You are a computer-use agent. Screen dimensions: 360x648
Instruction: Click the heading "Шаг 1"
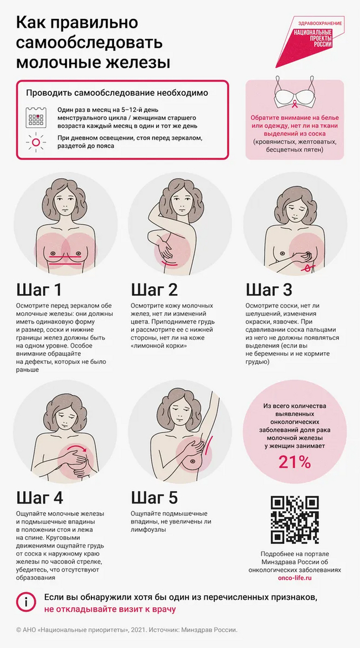(39, 290)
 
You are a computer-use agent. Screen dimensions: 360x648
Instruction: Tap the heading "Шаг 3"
(269, 290)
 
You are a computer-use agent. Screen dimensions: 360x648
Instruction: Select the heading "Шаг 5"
(155, 497)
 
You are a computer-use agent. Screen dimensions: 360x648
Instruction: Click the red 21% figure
(294, 462)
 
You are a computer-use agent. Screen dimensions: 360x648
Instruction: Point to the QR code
(295, 520)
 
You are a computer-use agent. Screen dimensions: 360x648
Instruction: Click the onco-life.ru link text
(294, 578)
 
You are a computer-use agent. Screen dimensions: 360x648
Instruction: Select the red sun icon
(36, 142)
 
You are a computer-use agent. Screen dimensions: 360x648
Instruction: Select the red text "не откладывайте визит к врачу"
(110, 609)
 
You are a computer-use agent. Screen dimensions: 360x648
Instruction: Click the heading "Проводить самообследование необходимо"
(117, 93)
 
